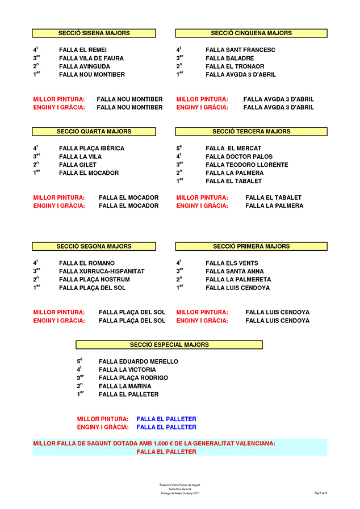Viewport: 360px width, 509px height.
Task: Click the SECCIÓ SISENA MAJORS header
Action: pyautogui.click(x=94, y=33)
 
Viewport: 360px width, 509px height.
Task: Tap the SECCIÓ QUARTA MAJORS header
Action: pyautogui.click(x=94, y=132)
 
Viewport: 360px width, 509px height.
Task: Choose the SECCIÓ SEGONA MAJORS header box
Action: pyautogui.click(x=94, y=246)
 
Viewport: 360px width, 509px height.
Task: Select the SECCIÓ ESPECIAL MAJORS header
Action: pyautogui.click(x=169, y=344)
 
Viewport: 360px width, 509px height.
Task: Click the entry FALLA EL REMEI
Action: pyautogui.click(x=83, y=50)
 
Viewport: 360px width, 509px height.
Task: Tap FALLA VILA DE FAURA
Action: pyautogui.click(x=91, y=58)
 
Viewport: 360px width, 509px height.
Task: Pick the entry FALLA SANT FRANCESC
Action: pyautogui.click(x=240, y=50)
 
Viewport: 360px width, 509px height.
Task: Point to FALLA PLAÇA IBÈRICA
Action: pyautogui.click(x=91, y=149)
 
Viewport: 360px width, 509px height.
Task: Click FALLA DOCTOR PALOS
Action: pyautogui.click(x=239, y=157)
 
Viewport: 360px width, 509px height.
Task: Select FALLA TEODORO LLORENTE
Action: pyautogui.click(x=246, y=165)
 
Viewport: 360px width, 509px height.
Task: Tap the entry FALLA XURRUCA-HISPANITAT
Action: pyautogui.click(x=102, y=271)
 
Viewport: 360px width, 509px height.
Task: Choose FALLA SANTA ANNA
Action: pyautogui.click(x=235, y=271)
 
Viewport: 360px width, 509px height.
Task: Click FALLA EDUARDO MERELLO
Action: pyautogui.click(x=138, y=361)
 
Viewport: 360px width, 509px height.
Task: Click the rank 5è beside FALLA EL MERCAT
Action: pyautogui.click(x=179, y=148)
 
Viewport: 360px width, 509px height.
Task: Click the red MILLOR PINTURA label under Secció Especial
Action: pyautogui.click(x=103, y=419)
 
